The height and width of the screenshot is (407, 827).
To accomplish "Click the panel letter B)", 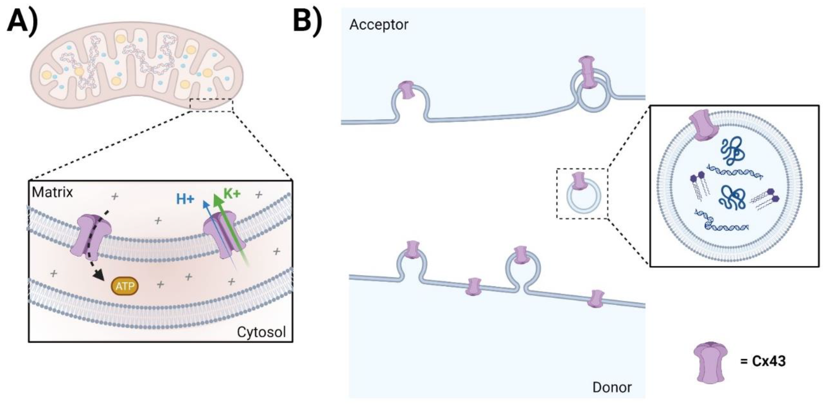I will pos(308,20).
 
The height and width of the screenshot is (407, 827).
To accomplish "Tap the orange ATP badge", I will pos(125,286).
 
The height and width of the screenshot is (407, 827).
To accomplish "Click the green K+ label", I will pos(232,193).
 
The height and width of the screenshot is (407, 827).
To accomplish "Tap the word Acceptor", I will pos(379,25).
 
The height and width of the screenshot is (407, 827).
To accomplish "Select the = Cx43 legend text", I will pos(763,361).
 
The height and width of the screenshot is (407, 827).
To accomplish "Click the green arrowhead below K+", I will pos(218,201).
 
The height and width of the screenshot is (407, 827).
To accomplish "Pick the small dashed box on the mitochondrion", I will pos(211,105).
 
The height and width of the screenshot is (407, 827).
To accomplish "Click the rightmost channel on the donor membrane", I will pos(596,299).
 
